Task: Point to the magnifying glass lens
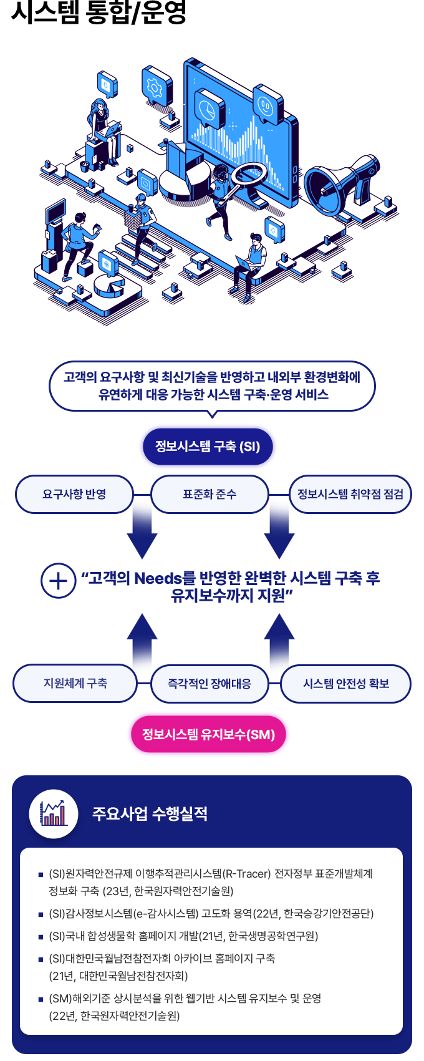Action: [249, 174]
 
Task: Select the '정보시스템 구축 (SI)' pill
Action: [208, 447]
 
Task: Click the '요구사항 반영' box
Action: [74, 494]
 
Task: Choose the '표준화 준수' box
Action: [210, 494]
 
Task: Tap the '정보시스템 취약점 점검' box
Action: [350, 494]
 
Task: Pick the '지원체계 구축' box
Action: [75, 683]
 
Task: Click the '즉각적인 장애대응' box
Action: [210, 684]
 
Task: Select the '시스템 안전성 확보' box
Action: [346, 684]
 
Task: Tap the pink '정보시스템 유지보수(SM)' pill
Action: [208, 734]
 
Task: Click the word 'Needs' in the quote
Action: [158, 578]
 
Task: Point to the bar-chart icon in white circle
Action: [54, 813]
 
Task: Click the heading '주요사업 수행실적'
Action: [150, 813]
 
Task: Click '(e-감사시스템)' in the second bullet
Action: [163, 914]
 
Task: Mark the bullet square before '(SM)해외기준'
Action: [41, 999]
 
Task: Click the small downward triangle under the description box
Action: [212, 414]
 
